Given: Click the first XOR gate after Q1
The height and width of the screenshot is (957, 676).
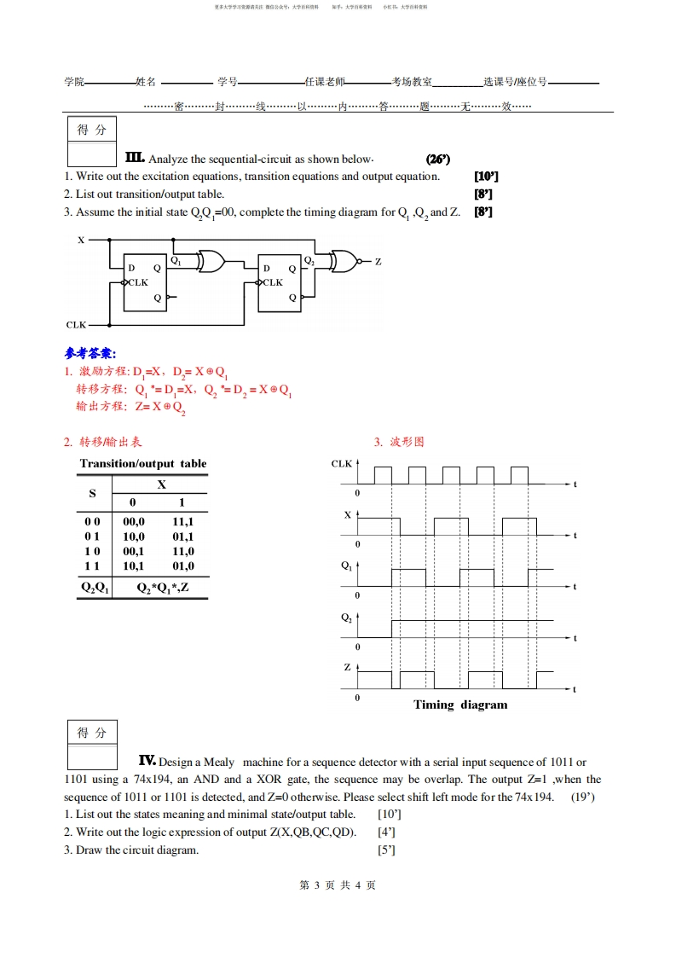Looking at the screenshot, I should point(211,261).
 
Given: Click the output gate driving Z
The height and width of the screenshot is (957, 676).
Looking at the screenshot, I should point(344,261).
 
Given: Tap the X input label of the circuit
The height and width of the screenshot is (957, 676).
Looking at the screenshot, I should point(81,241).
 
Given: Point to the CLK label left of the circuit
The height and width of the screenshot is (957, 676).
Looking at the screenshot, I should point(76,325).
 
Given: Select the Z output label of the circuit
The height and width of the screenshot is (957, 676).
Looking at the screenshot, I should point(378,262).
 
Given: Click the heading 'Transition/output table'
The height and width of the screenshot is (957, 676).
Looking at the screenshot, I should point(143,464).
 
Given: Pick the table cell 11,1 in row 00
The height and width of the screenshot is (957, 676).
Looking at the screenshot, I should point(182,521).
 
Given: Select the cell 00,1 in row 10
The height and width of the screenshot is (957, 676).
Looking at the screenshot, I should point(134,550).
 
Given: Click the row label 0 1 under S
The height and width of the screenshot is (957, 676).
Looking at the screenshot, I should point(92,536).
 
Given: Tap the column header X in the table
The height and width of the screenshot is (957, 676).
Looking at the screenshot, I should point(160,484).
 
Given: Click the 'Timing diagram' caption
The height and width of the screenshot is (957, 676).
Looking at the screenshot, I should point(460,705).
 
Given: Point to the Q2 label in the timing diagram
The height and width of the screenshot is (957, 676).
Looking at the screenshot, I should point(346,618).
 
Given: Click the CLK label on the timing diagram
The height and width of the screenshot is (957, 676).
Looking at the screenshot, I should point(342,464).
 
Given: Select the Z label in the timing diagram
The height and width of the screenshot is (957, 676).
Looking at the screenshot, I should point(347,666).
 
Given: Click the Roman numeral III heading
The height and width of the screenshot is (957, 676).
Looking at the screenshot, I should point(135,158).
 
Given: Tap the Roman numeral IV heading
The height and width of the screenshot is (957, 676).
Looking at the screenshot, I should point(147,761).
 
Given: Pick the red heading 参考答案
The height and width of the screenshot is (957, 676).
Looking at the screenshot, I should point(90,353).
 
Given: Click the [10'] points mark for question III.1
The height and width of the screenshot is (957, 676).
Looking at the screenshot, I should point(486,177).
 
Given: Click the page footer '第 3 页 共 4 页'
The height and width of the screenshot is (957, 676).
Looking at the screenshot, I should point(338,885).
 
